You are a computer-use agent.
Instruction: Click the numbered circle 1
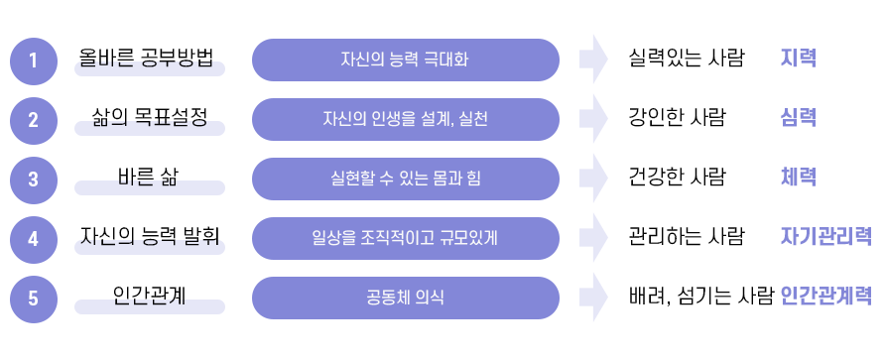33,60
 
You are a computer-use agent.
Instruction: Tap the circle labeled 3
33,180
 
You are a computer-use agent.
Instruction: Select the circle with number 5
33,298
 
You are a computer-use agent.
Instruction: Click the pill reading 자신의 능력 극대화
405,60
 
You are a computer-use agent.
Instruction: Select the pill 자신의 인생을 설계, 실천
405,119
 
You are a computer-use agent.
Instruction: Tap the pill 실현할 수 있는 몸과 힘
405,179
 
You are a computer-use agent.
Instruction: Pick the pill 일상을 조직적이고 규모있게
405,238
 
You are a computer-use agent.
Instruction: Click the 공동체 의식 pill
405,298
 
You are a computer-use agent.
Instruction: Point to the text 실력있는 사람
687,59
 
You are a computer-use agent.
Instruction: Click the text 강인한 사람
678,118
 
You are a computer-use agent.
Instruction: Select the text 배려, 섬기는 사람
700,297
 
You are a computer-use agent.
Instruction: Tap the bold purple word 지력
799,59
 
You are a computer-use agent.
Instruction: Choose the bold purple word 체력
799,178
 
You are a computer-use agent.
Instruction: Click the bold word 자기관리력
826,237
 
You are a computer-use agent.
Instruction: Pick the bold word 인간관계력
826,297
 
